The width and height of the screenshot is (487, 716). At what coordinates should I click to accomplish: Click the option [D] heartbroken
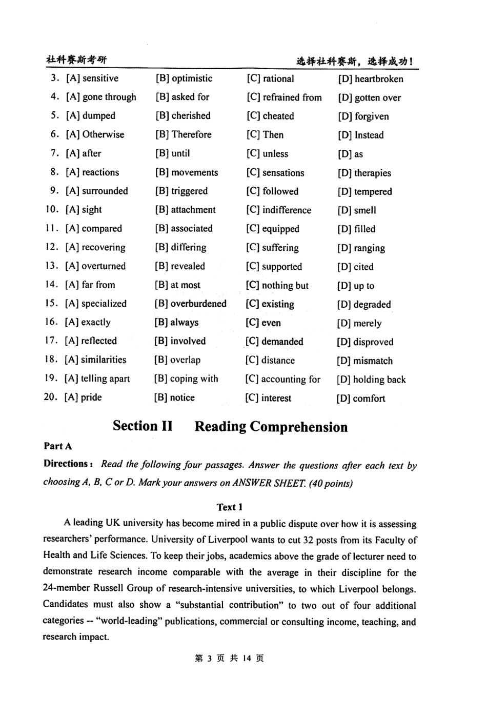click(370, 79)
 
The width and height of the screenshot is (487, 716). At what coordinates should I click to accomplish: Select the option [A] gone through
click(101, 97)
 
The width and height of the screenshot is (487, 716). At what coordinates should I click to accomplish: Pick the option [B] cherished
click(183, 116)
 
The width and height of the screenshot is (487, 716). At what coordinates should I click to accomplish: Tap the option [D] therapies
click(364, 173)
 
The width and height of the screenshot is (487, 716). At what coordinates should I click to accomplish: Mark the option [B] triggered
click(181, 191)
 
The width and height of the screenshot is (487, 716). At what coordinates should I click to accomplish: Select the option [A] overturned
click(95, 266)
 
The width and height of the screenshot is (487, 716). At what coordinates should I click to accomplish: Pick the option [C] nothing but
click(277, 285)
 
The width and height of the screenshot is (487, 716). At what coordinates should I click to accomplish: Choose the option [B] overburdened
click(190, 304)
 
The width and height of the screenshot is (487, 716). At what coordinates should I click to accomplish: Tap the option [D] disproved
click(365, 342)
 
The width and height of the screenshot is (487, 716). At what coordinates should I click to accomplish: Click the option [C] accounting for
click(282, 380)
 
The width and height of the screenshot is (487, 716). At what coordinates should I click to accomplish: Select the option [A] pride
click(83, 397)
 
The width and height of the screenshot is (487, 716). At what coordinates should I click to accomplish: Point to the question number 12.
click(51, 247)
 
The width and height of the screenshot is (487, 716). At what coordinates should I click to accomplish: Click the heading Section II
click(143, 426)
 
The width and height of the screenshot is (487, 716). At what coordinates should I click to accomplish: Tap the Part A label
click(58, 446)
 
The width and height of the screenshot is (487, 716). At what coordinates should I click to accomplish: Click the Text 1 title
click(230, 507)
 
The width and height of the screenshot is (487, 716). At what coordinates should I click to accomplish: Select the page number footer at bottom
click(230, 659)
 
